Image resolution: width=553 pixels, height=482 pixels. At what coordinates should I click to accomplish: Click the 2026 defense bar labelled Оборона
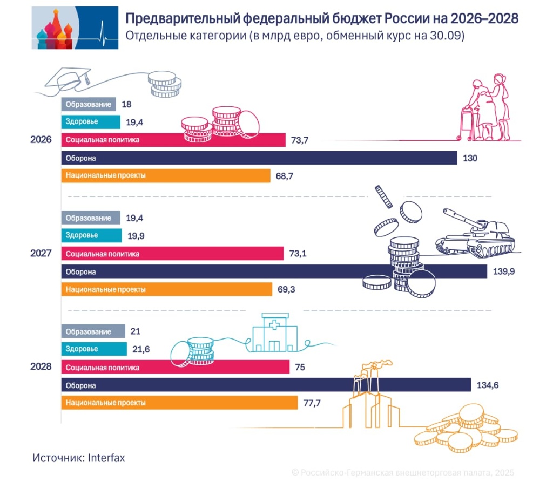point(259,158)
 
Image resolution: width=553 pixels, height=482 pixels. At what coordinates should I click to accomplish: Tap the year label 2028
point(41,366)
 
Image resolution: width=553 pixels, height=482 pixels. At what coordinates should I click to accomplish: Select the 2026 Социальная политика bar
point(173,140)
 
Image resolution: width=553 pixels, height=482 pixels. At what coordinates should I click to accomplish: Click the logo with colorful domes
point(75,28)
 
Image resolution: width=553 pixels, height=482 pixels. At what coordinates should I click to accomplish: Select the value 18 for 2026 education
point(127,104)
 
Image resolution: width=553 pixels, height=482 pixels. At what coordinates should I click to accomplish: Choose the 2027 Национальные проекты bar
point(166,289)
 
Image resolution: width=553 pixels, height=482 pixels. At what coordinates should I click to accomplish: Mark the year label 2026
point(41,139)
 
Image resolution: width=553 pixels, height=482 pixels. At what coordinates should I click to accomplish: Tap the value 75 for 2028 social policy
point(300,368)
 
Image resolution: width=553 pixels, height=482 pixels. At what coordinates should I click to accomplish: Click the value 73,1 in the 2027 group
point(299,254)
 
